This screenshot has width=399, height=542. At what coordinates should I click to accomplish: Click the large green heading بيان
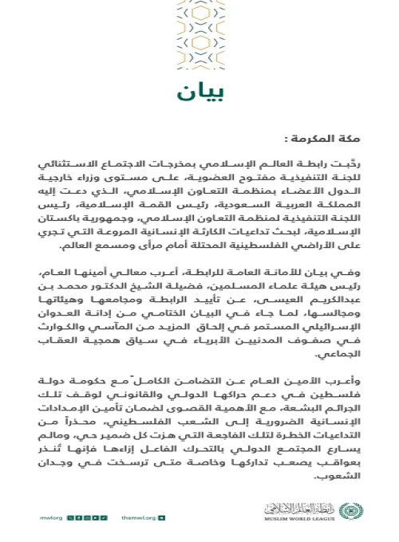[x=199, y=89]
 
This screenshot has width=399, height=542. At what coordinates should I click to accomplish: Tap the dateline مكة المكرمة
[x=330, y=137]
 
